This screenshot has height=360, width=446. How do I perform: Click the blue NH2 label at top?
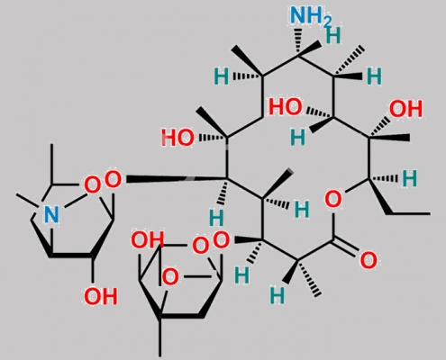(311, 15)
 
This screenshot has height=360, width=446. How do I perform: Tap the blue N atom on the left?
(51, 214)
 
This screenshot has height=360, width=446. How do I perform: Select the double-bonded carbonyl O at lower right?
(369, 260)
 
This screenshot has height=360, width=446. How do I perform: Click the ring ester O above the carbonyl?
(333, 199)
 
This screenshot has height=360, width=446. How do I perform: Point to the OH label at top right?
(405, 109)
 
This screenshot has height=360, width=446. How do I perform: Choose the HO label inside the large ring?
(286, 107)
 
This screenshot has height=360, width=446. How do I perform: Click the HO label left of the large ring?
(177, 138)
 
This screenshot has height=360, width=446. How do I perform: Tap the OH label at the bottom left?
(100, 296)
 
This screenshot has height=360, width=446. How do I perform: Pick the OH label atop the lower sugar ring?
(148, 240)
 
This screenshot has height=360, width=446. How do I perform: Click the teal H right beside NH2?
(333, 35)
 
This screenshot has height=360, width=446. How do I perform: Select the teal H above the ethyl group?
(410, 178)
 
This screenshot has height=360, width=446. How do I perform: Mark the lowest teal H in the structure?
(277, 295)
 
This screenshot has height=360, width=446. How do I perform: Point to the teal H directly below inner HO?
(298, 138)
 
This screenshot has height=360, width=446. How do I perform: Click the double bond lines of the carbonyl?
(345, 247)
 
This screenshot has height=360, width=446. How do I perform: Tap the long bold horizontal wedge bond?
(177, 179)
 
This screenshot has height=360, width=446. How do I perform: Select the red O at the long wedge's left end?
(113, 179)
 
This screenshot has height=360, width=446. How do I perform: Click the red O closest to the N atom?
(92, 185)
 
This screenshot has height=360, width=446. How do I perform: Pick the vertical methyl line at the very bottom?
(160, 337)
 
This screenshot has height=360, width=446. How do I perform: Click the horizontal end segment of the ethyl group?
(409, 213)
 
